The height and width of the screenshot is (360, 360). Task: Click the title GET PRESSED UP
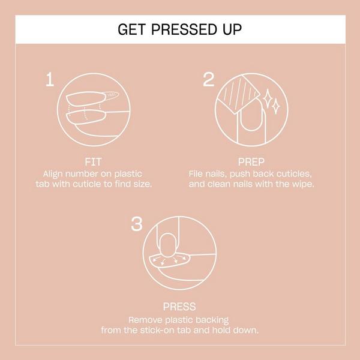(x=180, y=29)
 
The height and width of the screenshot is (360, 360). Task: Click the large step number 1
(x=52, y=80)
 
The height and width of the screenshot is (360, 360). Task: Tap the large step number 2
(x=209, y=80)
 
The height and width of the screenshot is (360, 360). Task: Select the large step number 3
(x=137, y=224)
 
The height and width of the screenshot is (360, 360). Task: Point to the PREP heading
(x=250, y=162)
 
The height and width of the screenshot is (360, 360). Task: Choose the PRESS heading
(x=179, y=307)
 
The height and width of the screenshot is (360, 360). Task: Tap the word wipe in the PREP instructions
(x=303, y=183)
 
